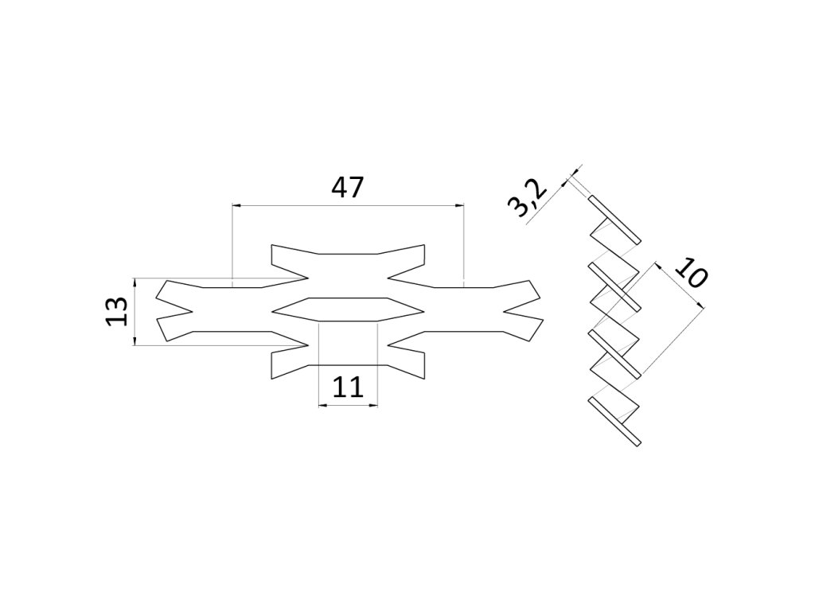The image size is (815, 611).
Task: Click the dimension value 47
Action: [348, 188]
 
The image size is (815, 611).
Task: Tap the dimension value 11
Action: [348, 387]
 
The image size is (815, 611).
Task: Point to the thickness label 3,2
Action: [527, 200]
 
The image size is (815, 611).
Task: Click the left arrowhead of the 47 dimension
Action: [236, 205]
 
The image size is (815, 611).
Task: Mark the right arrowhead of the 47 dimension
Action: [460, 205]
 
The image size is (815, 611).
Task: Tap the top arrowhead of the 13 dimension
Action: [135, 282]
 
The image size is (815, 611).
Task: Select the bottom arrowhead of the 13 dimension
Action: [135, 341]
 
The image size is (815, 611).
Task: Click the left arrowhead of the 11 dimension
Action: [322, 405]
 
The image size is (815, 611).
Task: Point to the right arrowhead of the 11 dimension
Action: [373, 405]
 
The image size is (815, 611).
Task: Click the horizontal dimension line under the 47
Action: [348, 205]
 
